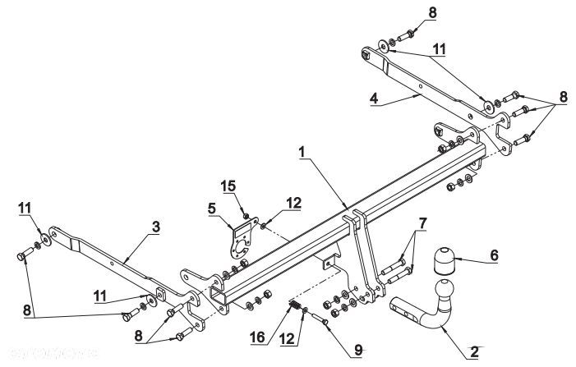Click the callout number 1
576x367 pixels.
[302, 153]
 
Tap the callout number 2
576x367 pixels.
[474, 352]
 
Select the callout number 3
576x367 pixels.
[156, 227]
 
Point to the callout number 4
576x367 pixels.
[374, 99]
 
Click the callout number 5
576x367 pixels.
[212, 209]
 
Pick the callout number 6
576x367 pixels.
[494, 255]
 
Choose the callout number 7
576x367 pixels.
[422, 224]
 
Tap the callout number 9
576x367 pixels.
[358, 350]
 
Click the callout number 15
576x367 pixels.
[228, 186]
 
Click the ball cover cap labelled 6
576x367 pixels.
[445, 260]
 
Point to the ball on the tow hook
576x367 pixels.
[445, 290]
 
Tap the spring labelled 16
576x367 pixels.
[294, 305]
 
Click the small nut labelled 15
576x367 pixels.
[247, 215]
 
